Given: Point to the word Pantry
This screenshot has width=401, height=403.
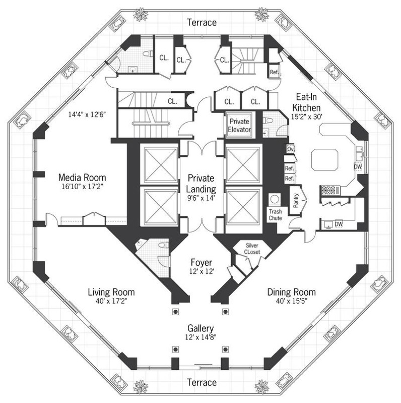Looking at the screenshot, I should tap(295, 197).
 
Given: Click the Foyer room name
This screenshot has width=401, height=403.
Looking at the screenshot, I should tap(201, 263).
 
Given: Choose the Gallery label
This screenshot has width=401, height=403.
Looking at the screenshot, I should tap(201, 327).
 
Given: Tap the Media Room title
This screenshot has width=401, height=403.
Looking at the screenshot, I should tap(82, 178).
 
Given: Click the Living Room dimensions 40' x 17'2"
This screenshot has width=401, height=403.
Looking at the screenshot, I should tap(111, 301).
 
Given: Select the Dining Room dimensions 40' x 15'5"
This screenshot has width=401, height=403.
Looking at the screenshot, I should tap(291, 301).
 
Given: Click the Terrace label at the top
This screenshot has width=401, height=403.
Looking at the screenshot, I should tap(202, 23).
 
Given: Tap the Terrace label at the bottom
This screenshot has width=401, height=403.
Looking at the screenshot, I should tap(202, 383).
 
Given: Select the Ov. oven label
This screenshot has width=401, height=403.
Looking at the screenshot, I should tap(290, 150).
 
